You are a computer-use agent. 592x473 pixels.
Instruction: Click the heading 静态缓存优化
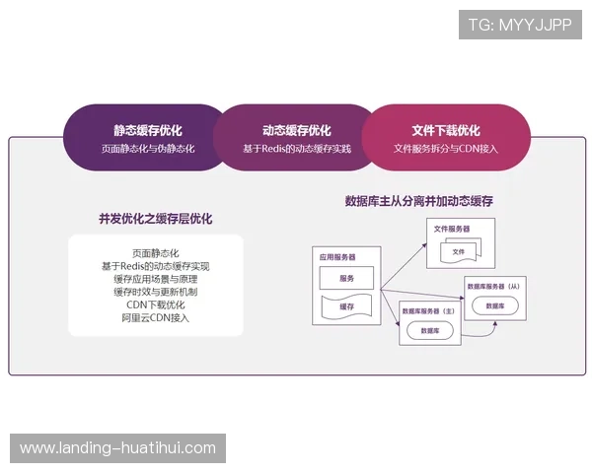147,130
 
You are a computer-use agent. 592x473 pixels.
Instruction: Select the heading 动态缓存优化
296,130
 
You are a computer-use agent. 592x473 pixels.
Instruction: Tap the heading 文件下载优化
446,130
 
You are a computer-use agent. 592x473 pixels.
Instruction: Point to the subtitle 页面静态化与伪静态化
147,149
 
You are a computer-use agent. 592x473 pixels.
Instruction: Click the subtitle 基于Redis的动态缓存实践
296,149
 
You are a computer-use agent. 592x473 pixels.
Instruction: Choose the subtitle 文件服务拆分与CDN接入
446,149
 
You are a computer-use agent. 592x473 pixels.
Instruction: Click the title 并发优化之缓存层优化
155,219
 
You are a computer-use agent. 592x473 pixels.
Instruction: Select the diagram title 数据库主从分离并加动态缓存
418,201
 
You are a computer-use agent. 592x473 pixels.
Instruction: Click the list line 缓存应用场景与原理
155,279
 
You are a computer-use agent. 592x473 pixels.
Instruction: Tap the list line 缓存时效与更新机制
155,292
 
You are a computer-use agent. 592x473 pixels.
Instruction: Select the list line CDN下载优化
155,304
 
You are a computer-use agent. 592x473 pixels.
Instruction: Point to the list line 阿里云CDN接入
155,317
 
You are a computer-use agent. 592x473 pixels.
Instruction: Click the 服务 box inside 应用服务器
345,279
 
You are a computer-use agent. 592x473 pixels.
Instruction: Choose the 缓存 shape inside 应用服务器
345,306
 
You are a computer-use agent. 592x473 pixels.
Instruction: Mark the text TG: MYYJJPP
520,25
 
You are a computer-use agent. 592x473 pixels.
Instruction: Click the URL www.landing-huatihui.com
117,448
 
